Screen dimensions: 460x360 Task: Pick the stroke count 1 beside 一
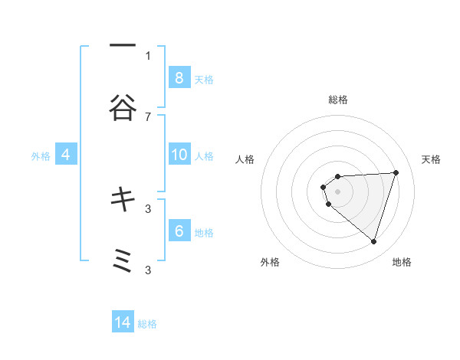[x=148, y=55]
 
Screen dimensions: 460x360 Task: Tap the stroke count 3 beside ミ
[x=148, y=270]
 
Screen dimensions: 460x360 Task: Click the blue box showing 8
[x=179, y=78]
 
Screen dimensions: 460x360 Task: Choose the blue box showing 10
[x=179, y=155]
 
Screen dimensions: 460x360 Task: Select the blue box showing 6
[x=179, y=231]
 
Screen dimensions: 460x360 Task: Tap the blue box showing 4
[x=65, y=155]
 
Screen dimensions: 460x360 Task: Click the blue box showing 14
[x=123, y=322]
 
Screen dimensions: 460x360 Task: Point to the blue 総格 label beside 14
[x=147, y=324]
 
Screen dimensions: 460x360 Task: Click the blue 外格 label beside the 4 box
[x=41, y=156]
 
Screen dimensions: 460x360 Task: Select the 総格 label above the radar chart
[x=338, y=100]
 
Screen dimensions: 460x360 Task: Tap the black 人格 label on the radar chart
[x=245, y=159]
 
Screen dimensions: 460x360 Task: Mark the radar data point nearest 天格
[x=396, y=172]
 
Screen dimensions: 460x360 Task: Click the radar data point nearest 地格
[x=373, y=241]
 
